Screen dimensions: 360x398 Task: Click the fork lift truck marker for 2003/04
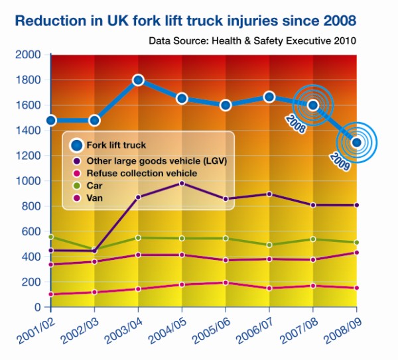pos(138,80)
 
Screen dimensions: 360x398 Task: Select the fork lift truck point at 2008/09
pos(357,142)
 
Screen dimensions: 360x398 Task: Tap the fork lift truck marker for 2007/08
pos(313,105)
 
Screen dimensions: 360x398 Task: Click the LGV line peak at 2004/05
pos(182,184)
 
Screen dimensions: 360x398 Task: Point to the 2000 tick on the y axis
pos(27,55)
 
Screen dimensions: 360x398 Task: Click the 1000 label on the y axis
pos(27,181)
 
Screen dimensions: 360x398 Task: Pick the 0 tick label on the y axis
pos(37,308)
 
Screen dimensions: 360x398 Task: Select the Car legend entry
pos(94,186)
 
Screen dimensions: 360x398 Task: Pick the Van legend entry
pos(94,199)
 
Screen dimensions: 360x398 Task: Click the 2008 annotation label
pos(295,125)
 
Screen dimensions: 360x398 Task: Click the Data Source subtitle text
pos(253,40)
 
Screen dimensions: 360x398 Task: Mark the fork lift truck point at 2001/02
pos(50,121)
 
